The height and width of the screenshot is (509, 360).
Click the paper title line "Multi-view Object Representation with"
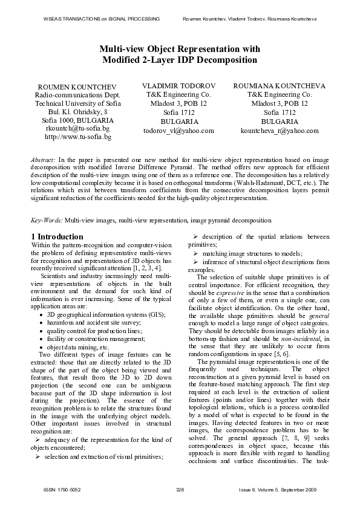pyautogui.click(x=180, y=49)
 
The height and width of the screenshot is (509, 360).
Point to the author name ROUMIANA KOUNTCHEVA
pyautogui.click(x=279, y=86)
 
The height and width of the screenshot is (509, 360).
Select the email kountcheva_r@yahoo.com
pyautogui.click(x=280, y=130)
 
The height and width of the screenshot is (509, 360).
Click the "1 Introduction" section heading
pyautogui.click(x=57, y=236)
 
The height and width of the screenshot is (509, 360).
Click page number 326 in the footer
pyautogui.click(x=180, y=488)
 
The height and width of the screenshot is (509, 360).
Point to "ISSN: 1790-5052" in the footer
pyautogui.click(x=61, y=488)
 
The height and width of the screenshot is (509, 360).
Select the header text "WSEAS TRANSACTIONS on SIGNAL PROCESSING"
pyautogui.click(x=102, y=19)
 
